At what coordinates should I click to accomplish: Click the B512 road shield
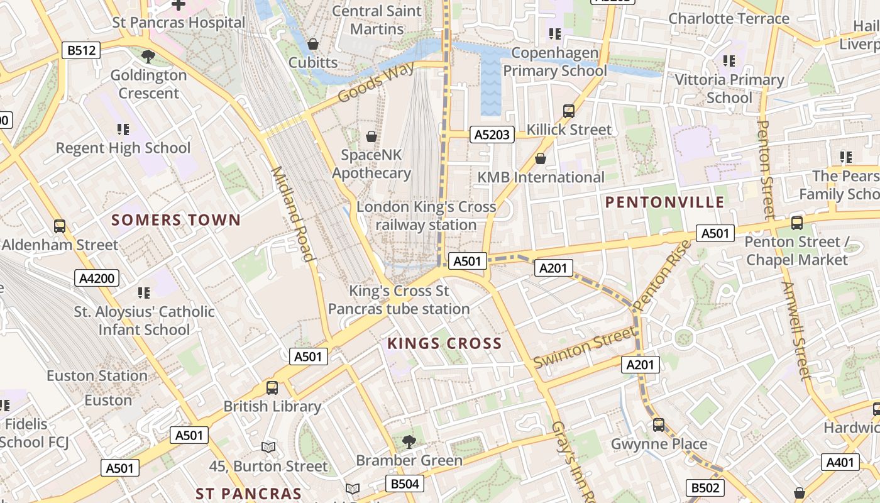click(x=82, y=50)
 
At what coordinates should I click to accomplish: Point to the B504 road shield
click(x=404, y=484)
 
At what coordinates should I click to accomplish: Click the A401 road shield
click(x=840, y=463)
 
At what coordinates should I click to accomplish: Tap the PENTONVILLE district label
click(x=664, y=202)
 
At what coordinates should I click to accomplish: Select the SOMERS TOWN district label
click(x=176, y=220)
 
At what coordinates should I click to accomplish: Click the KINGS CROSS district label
click(x=444, y=343)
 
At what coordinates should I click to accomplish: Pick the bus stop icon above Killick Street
click(x=569, y=111)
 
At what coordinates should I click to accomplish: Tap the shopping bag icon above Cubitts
click(x=312, y=44)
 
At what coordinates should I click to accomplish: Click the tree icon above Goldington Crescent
click(x=148, y=57)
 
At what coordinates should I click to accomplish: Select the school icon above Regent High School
click(x=123, y=130)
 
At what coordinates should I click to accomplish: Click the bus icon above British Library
click(x=272, y=388)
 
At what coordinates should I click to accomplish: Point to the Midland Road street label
click(x=292, y=214)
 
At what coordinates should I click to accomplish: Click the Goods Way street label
click(x=376, y=82)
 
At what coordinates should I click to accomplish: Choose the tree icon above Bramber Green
click(x=409, y=441)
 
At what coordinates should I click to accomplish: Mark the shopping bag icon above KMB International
click(x=540, y=158)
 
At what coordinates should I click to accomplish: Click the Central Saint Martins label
click(x=377, y=20)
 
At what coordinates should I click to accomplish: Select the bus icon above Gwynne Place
click(x=658, y=425)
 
